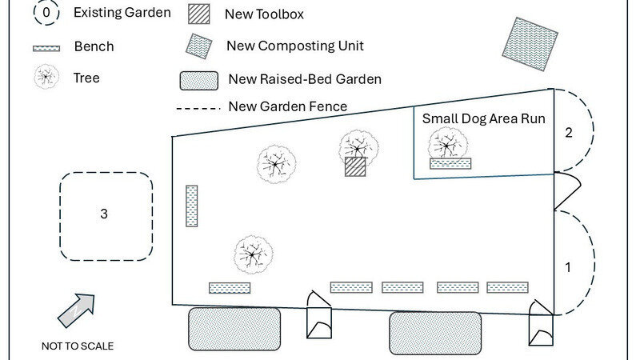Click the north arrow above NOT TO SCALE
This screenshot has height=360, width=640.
76,310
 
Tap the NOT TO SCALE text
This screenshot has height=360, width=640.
78,346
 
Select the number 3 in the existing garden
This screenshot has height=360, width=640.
104,214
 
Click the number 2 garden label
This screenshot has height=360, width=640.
569,133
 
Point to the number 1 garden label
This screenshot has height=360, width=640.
569,268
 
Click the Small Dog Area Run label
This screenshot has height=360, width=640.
483,119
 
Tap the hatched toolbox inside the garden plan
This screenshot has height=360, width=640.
355,166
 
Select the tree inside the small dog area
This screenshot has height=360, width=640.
447,145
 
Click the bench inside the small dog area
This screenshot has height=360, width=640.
450,163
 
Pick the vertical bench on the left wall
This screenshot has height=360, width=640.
191,206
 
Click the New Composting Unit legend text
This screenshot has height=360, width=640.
295,46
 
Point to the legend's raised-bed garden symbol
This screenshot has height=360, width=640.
199,80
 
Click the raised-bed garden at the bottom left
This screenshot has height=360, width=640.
234,328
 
